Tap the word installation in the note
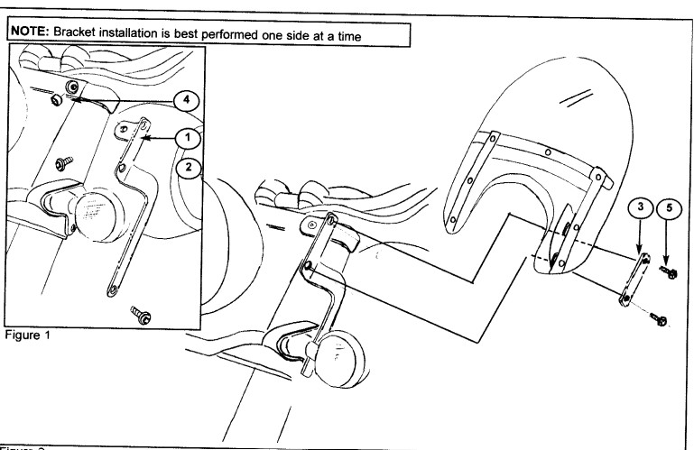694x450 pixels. [x=133, y=33]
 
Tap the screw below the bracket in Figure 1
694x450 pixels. [x=139, y=316]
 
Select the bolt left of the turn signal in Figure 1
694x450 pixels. [x=64, y=164]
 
